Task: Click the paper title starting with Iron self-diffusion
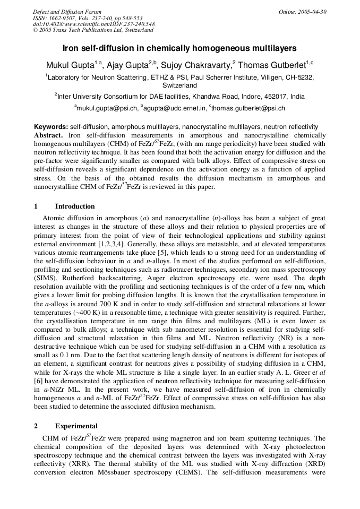(179, 48)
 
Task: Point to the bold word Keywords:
(51, 127)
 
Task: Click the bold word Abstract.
(49, 135)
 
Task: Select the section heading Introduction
(75, 206)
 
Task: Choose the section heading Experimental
(76, 426)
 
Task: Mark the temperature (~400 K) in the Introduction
(89, 310)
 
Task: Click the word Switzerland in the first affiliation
(179, 85)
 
